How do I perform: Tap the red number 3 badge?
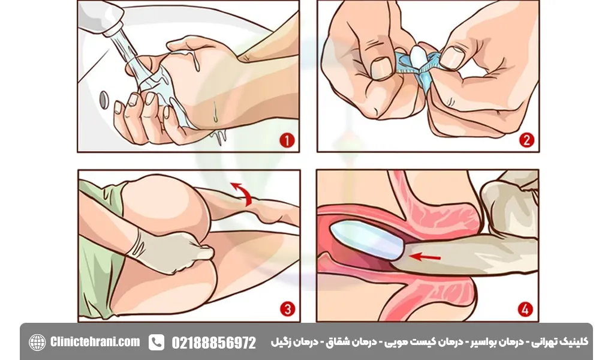pos(287,310)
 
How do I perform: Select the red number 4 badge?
pos(526,310)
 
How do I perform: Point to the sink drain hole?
pos(104,98)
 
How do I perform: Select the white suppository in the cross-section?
pos(366,240)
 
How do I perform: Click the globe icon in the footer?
pos(37,342)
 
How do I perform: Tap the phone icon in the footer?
pos(156,342)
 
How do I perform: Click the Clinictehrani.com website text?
pos(95,342)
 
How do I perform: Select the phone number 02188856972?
pos(213,343)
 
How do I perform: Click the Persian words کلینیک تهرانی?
pos(564,341)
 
